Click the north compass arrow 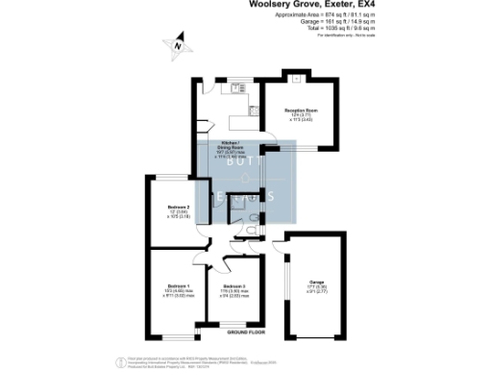[x=178, y=43]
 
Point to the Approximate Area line [x=328, y=16]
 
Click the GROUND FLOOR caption [x=244, y=332]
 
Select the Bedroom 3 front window [x=234, y=327]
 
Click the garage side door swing [x=278, y=240]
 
